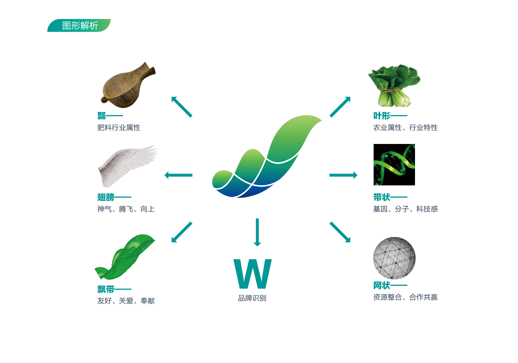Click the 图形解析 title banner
point(79,25)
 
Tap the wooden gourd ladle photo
point(128,85)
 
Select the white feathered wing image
point(127,166)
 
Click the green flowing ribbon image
point(125,257)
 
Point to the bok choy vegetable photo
point(394,85)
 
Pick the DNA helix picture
point(394,165)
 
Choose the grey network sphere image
point(394,258)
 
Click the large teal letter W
point(253,274)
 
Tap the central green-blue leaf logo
point(267,156)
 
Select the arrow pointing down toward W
point(257,232)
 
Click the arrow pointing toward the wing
point(178,175)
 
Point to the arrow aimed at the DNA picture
point(343,175)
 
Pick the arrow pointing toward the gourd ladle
point(182,107)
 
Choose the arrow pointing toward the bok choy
point(340,107)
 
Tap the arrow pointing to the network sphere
point(340,232)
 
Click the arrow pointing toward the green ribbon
point(182,232)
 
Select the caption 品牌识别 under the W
point(252,298)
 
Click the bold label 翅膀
point(106,197)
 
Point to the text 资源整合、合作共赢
point(405,297)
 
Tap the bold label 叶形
point(382,116)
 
